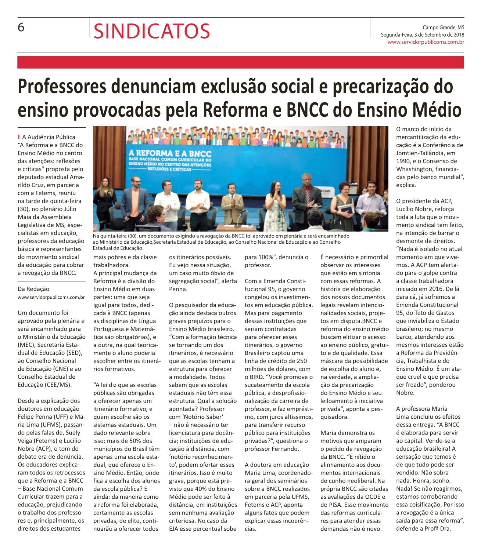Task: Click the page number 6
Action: (21, 27)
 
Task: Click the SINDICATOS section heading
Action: (152, 31)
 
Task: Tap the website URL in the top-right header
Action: (426, 42)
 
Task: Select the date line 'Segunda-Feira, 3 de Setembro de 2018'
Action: (422, 35)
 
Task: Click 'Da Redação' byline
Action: (33, 289)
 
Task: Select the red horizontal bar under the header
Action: (240, 62)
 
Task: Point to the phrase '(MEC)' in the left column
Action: (26, 345)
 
